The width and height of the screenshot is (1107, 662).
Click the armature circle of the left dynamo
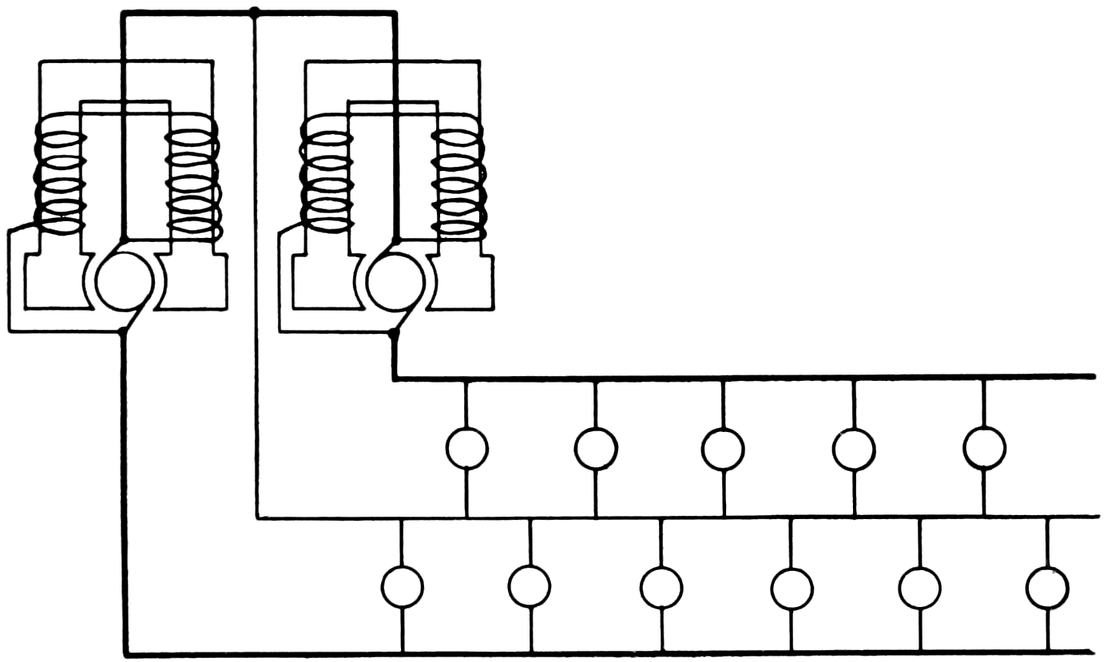[x=124, y=279]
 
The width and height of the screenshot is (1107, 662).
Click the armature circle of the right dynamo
[x=395, y=279]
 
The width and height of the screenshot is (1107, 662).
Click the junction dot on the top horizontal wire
[x=255, y=12]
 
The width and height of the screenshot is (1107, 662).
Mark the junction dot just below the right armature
[x=394, y=331]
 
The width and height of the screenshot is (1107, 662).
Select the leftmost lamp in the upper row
[x=466, y=448]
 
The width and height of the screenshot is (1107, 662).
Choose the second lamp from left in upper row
[x=595, y=448]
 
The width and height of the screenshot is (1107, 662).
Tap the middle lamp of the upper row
[x=724, y=448]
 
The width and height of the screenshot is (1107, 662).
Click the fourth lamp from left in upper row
[x=854, y=449]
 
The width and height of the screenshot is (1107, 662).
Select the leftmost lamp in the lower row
[x=402, y=587]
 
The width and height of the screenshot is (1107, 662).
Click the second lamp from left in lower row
[x=530, y=587]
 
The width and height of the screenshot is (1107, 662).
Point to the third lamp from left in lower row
[x=661, y=587]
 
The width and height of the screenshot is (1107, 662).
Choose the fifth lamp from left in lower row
[x=919, y=587]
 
